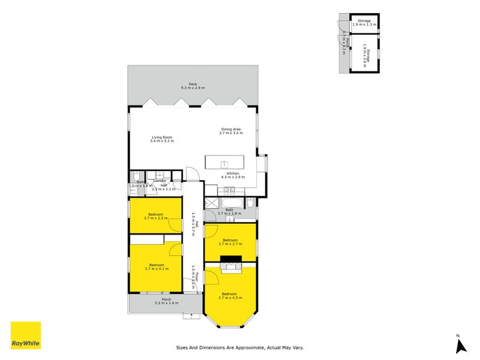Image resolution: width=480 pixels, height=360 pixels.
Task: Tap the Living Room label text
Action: (x=162, y=139)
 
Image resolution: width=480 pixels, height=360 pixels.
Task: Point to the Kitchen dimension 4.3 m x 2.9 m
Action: (x=234, y=178)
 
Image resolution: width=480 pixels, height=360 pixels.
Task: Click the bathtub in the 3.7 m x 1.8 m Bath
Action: (x=220, y=202)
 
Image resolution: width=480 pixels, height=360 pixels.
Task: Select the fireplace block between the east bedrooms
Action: (x=230, y=260)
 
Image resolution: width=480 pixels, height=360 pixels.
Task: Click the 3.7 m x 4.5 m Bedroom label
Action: (x=231, y=296)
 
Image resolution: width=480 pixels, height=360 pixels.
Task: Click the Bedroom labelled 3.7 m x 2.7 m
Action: (x=231, y=242)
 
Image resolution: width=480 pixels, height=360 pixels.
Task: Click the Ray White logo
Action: (x=26, y=335)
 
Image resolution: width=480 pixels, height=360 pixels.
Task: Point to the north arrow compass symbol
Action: (x=461, y=345)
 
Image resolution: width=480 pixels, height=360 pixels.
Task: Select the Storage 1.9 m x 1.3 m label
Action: (x=365, y=23)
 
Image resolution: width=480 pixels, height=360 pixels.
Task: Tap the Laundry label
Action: (x=160, y=181)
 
